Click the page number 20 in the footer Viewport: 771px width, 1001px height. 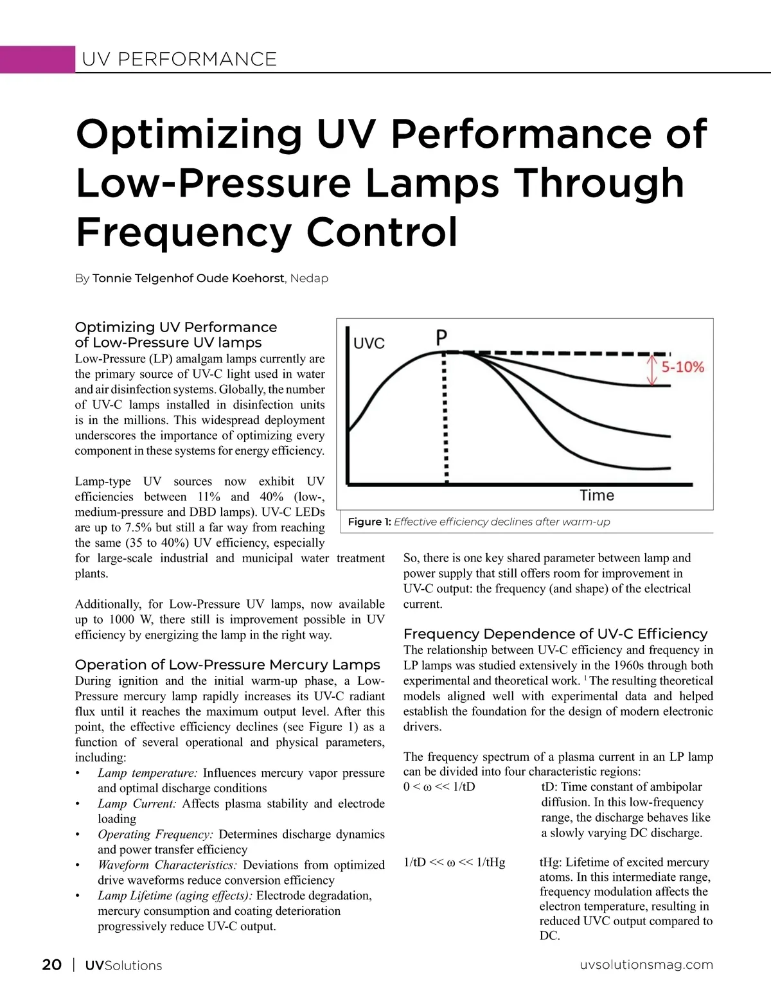click(x=51, y=964)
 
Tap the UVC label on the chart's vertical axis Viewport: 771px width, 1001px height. click(x=369, y=343)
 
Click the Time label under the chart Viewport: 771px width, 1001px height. click(x=597, y=495)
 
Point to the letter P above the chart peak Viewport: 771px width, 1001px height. click(x=441, y=337)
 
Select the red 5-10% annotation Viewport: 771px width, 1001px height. click(x=683, y=368)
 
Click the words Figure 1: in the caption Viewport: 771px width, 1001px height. click(x=369, y=522)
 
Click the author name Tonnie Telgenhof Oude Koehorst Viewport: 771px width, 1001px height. click(x=188, y=278)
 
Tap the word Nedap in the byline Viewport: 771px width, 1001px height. click(x=309, y=278)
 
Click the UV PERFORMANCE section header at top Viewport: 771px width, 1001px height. click(x=179, y=59)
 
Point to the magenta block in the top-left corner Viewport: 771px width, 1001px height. click(x=37, y=59)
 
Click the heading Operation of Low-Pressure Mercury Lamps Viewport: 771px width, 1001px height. click(x=227, y=664)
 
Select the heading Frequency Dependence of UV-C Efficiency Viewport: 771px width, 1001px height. click(x=555, y=633)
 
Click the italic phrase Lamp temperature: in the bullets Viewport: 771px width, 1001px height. click(x=147, y=773)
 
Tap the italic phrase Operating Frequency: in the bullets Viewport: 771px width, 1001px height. click(x=155, y=834)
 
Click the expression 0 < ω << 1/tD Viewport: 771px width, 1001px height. click(x=439, y=787)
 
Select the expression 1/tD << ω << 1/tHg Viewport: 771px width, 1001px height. click(x=454, y=862)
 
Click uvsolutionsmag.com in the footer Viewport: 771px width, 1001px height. click(x=646, y=964)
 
